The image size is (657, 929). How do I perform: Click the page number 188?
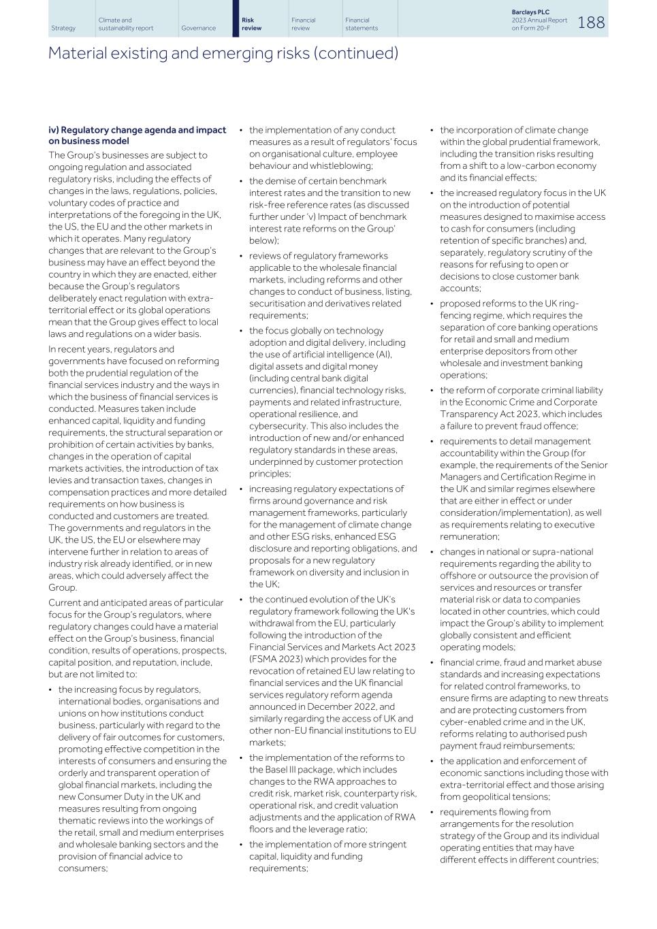591,22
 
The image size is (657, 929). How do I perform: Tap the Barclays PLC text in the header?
530,12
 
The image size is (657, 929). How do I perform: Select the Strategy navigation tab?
63,28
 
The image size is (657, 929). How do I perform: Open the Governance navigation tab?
198,28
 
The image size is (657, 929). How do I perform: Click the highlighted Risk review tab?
252,24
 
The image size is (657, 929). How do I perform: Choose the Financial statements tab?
361,24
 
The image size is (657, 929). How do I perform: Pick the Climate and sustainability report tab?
125,24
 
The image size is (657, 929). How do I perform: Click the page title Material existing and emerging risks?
223,53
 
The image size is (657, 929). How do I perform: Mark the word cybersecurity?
277,426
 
